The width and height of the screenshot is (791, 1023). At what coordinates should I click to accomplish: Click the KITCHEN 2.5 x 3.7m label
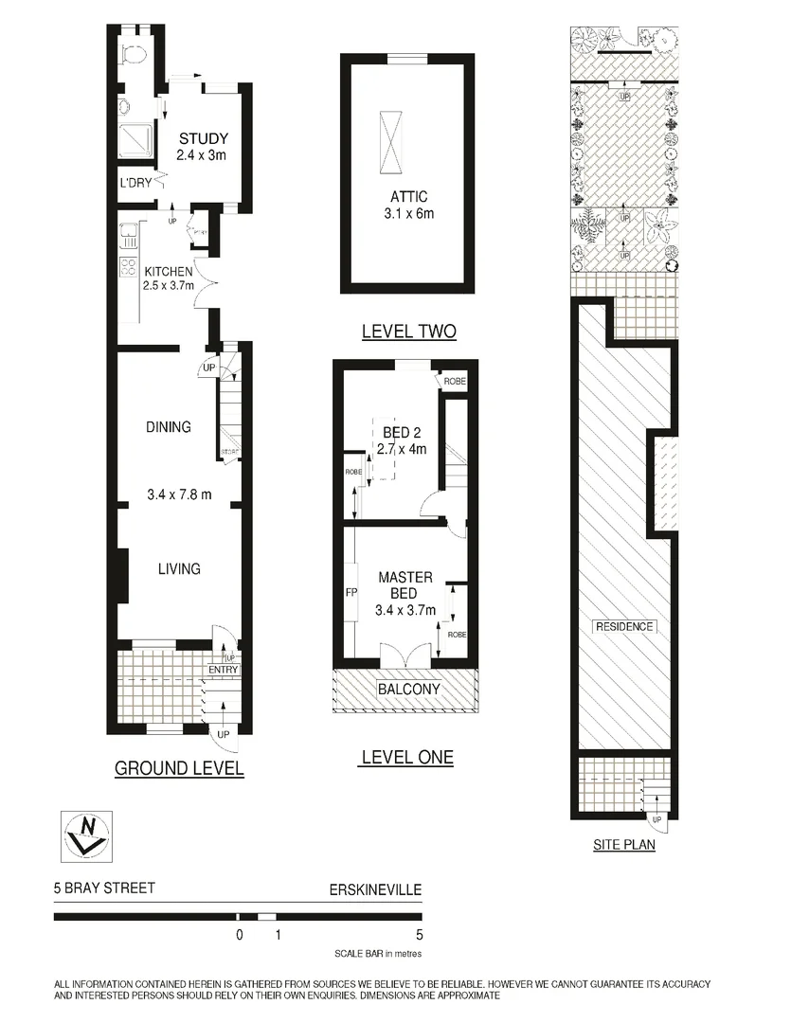169,278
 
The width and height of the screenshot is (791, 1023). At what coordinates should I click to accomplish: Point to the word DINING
169,427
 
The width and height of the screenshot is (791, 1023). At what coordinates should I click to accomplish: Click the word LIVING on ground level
179,569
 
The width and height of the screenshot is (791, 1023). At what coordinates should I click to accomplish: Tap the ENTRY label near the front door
224,671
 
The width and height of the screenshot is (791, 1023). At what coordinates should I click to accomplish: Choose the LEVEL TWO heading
409,332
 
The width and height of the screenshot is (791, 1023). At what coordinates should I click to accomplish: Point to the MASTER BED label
405,584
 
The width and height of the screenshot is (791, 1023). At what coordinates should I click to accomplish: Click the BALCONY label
409,690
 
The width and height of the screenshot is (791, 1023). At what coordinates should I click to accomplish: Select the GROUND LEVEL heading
179,768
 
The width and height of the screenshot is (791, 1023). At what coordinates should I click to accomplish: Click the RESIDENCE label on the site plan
624,627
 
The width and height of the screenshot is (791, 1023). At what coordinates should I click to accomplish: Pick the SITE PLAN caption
623,845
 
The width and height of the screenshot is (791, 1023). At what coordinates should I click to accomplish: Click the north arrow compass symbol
84,835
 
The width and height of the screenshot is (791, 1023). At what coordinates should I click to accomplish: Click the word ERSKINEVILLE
374,889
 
